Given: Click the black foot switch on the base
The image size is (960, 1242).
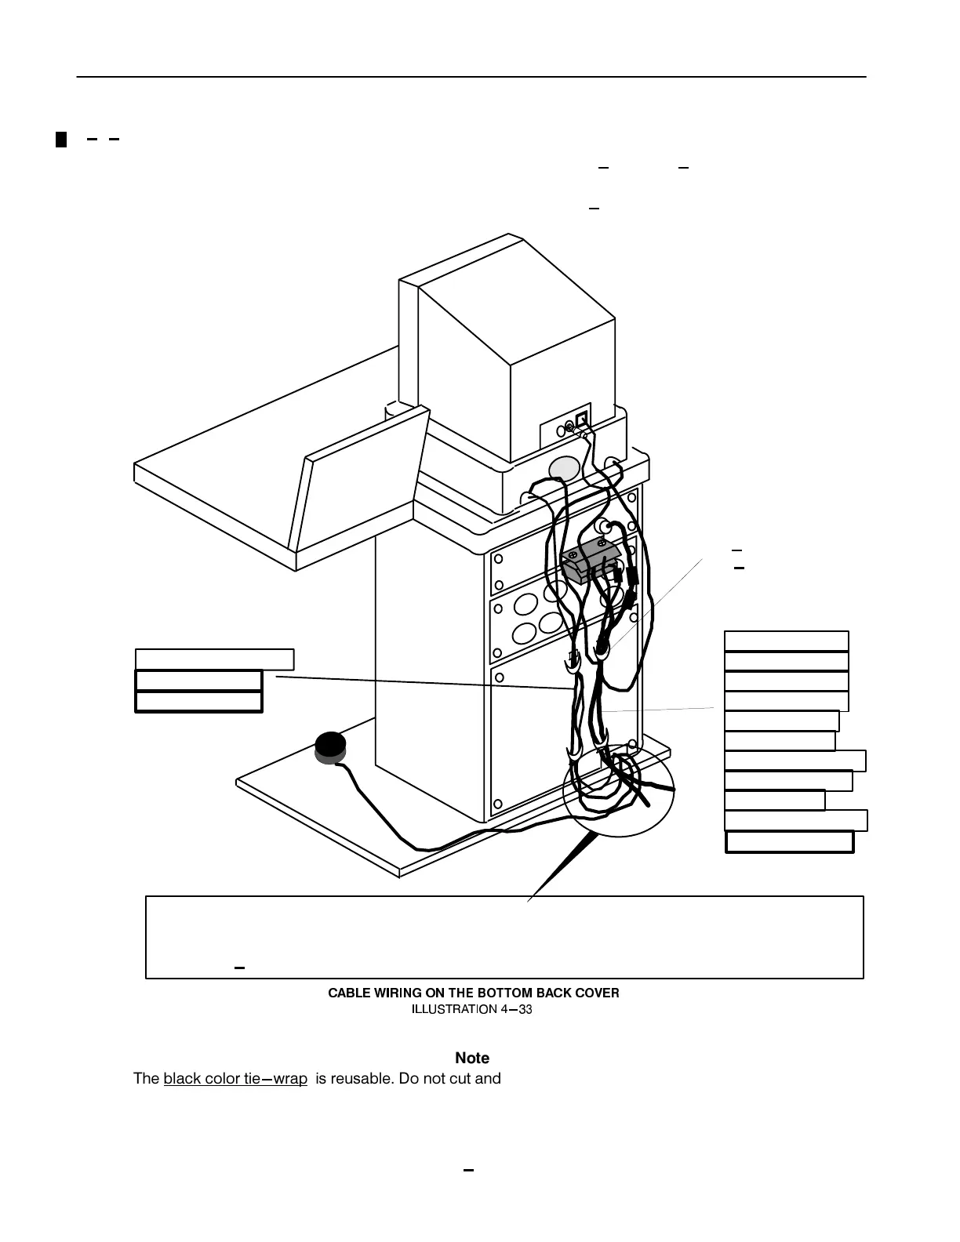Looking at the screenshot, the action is (330, 746).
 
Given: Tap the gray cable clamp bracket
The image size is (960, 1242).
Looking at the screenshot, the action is (591, 559).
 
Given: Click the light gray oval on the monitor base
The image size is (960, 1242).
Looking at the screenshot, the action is (564, 468).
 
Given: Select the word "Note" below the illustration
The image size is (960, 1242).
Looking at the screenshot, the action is (471, 1059).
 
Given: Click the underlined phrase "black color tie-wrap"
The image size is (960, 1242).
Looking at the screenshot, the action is (235, 1078).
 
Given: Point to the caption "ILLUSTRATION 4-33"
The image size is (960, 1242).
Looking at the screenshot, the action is (472, 1009).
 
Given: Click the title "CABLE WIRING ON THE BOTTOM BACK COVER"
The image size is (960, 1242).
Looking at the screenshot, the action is (473, 993).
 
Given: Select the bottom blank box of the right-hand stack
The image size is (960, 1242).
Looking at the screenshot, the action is (789, 842).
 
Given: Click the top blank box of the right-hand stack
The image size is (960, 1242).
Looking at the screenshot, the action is (786, 641).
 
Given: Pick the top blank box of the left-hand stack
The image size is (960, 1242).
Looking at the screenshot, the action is (214, 659).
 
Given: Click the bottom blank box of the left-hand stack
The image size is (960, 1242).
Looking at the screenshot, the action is (198, 702).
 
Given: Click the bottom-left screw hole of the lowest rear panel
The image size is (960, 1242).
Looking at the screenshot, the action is (497, 804).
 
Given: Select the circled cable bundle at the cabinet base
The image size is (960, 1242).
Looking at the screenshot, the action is (618, 788).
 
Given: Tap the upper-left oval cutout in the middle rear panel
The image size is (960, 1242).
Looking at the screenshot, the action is (525, 605).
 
